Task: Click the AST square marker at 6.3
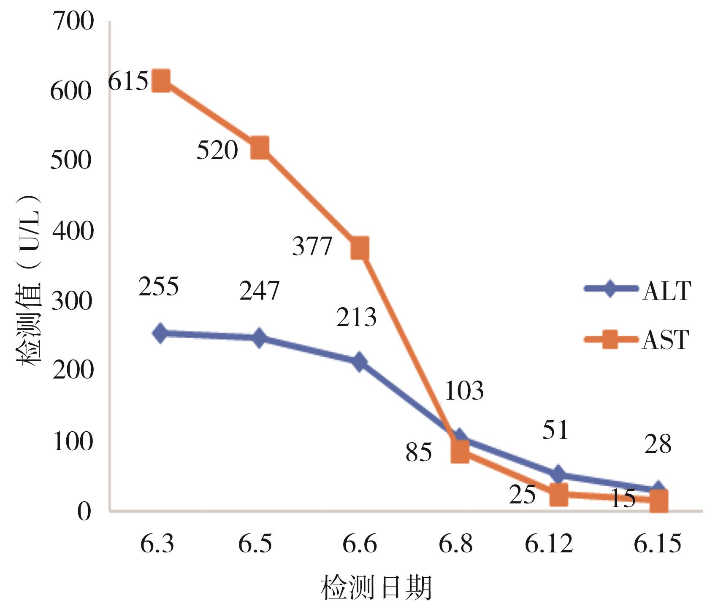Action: coord(161,81)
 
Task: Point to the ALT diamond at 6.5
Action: coord(259,338)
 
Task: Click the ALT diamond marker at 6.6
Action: coord(359,362)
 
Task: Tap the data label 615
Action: coord(128,81)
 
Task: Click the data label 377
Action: coord(312,246)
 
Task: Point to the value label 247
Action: coord(259,290)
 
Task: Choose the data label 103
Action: coord(464,390)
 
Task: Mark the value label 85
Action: coord(418,452)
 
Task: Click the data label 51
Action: coord(555,430)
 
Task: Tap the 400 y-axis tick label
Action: coord(72,231)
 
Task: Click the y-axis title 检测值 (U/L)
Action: coord(30,279)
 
